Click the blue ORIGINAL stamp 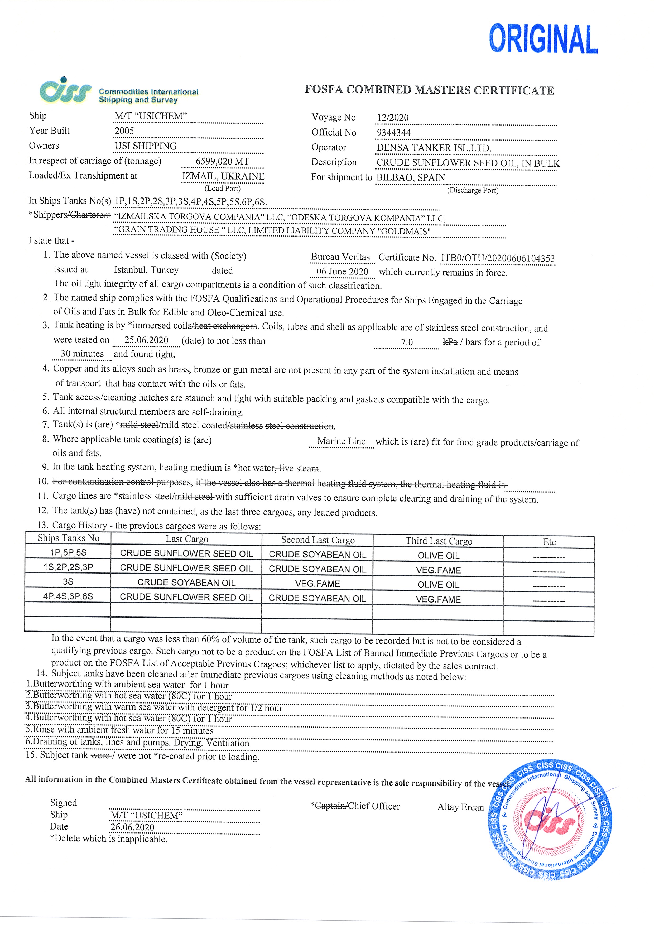click(543, 39)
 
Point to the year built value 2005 click(124, 131)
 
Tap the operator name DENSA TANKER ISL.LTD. click(434, 148)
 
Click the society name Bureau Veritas click(340, 257)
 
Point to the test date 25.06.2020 click(146, 340)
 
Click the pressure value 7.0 click(407, 342)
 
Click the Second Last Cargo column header click(318, 540)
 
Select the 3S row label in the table click(68, 582)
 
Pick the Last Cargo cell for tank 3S click(186, 582)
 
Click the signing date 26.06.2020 click(132, 827)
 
